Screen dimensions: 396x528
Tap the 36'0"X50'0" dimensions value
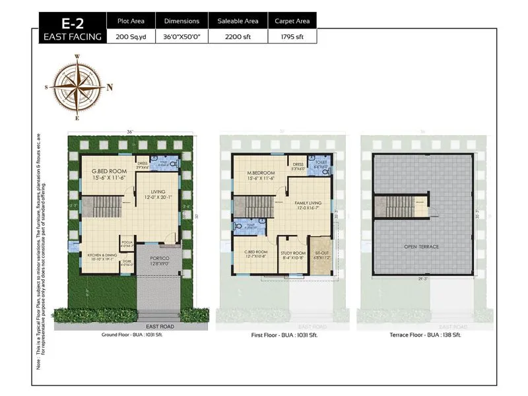pos(181,37)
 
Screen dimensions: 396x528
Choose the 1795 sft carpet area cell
pos(290,37)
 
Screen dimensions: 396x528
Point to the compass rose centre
pos(77,87)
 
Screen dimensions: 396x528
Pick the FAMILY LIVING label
pos(308,203)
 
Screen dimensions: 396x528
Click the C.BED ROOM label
pos(255,252)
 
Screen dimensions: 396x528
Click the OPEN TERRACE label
pos(421,246)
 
